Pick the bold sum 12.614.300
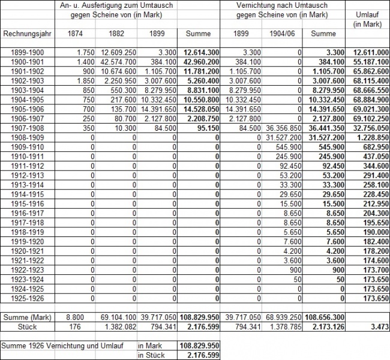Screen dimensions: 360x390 [x=200, y=52]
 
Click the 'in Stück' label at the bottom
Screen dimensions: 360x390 [x=150, y=355]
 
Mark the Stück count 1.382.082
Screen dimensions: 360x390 [x=122, y=326]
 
